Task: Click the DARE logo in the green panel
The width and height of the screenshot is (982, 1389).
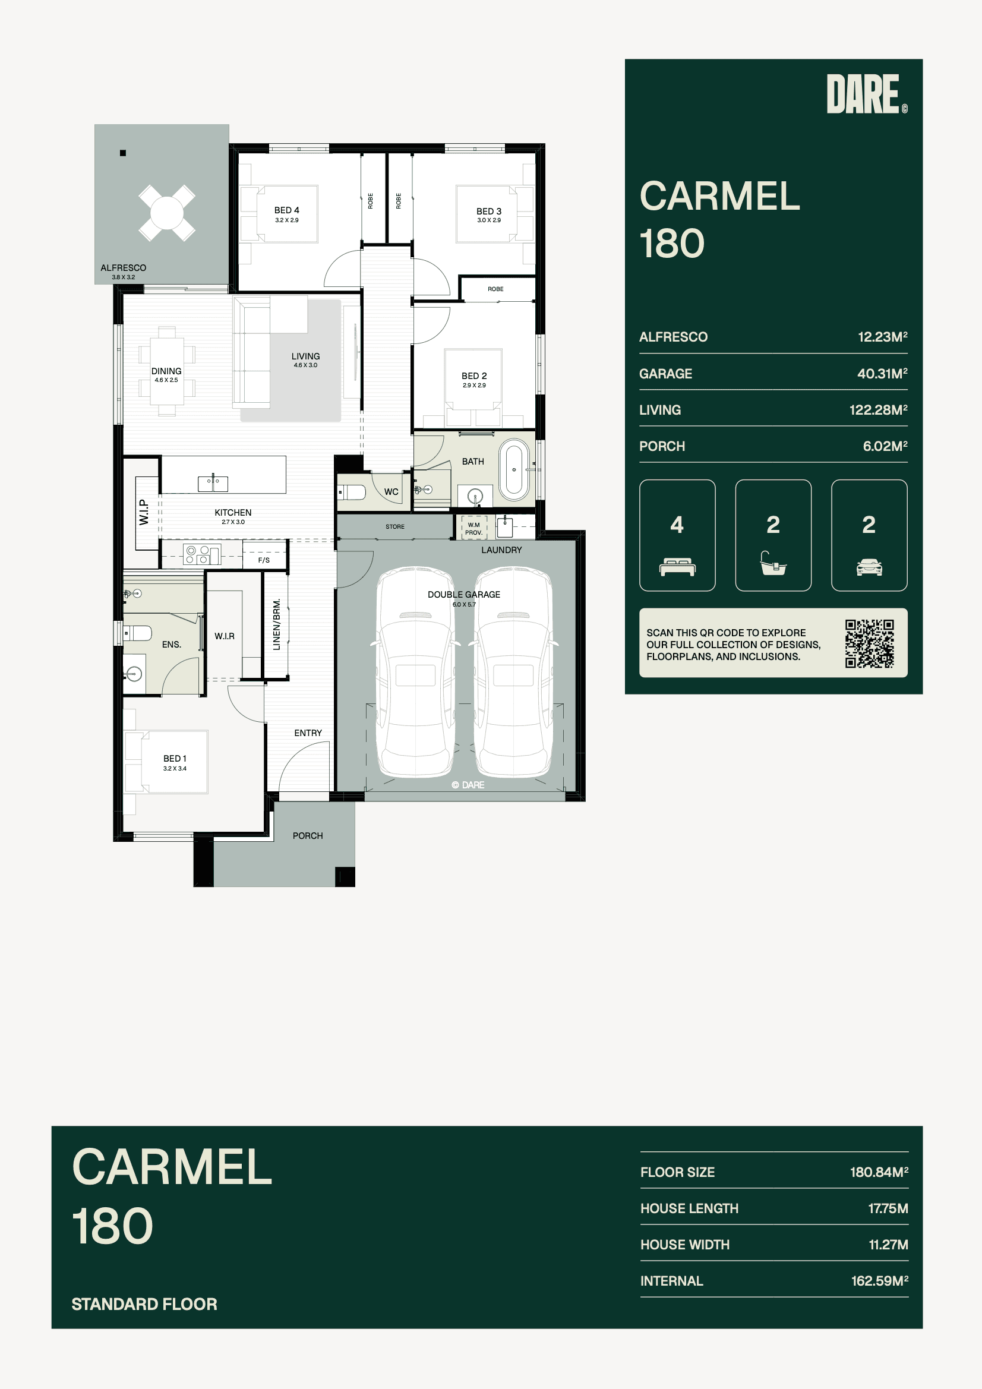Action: click(866, 94)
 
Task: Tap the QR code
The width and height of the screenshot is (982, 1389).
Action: click(870, 643)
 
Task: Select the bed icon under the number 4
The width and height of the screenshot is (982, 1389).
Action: click(677, 567)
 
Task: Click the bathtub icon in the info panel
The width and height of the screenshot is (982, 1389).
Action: click(773, 563)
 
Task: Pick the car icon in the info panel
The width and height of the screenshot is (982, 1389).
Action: click(869, 567)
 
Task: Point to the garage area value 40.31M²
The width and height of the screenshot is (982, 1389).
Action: click(882, 374)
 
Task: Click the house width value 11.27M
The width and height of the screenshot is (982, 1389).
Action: click(888, 1245)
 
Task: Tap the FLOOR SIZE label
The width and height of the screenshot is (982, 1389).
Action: click(678, 1172)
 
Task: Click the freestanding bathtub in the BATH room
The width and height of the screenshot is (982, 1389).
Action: click(514, 469)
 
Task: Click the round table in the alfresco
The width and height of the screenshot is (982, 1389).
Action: click(166, 212)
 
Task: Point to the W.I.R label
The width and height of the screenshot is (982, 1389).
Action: click(225, 636)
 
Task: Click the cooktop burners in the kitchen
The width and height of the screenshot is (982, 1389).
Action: click(197, 555)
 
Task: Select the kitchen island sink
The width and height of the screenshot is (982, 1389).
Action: click(213, 484)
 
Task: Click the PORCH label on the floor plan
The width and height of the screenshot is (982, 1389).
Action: click(307, 835)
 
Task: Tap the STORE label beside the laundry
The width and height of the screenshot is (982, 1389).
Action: click(395, 527)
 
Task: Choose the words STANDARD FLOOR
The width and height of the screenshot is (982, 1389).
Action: click(144, 1303)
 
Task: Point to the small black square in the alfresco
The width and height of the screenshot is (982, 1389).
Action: click(123, 153)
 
